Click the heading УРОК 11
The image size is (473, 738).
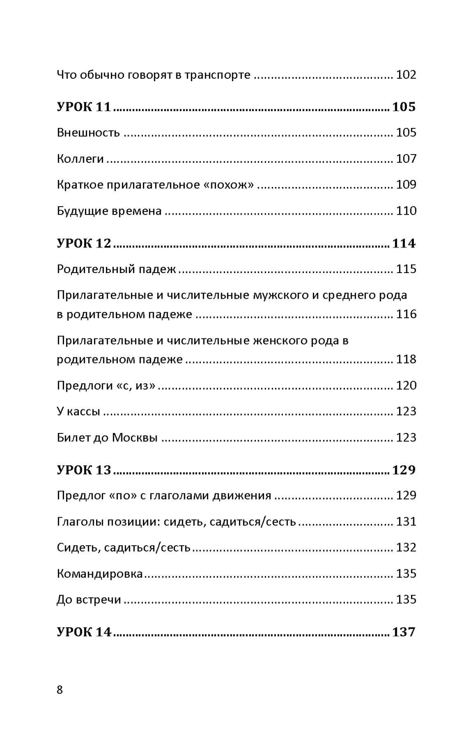pos(84,107)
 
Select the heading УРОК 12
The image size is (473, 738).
pos(84,243)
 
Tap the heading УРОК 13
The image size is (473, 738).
pos(84,470)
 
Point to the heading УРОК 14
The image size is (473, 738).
pos(84,632)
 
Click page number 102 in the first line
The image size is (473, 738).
pos(406,75)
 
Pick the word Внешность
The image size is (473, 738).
pos(88,132)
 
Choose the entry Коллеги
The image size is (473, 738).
pos(80,158)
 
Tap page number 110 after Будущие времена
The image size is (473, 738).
pos(406,211)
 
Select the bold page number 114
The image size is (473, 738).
pos(404,243)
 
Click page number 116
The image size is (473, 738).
pos(406,314)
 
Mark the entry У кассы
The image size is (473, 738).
pos(78,411)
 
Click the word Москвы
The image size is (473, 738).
pos(135,437)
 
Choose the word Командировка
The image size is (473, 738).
pos(100,574)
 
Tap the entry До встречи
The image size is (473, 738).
pos(89,600)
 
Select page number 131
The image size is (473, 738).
pos(406,522)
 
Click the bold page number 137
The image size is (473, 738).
pos(404,632)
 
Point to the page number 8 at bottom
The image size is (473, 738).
pos(60,690)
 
